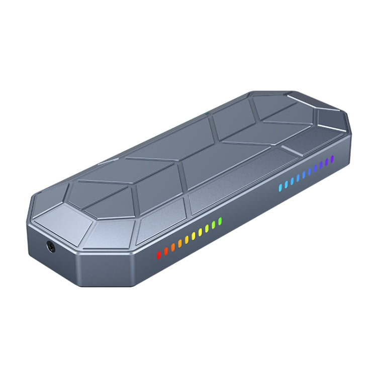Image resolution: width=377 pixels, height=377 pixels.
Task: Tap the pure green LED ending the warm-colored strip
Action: (x=220, y=221)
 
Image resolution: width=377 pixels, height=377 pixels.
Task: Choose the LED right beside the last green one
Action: (x=214, y=224)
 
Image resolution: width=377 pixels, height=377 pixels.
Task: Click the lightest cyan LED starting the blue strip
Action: (x=280, y=188)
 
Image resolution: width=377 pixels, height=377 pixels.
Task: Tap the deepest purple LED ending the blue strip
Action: (x=332, y=159)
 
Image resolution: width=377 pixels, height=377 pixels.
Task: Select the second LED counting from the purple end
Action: (x=326, y=162)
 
